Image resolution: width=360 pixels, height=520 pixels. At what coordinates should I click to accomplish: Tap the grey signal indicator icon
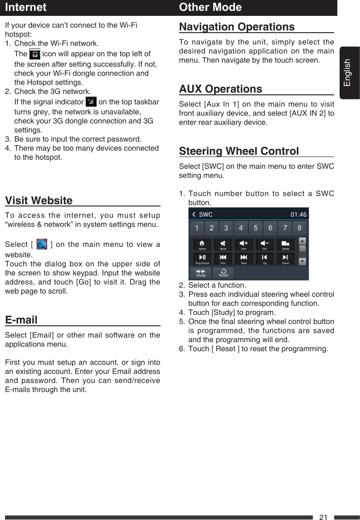click(91, 101)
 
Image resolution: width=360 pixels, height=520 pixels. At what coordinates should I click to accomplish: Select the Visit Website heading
click(39, 201)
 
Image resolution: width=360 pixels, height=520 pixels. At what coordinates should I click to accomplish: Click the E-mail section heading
click(21, 320)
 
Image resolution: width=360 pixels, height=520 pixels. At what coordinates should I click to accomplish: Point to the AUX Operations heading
click(220, 88)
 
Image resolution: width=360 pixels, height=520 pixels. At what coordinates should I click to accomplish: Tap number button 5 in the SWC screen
click(256, 228)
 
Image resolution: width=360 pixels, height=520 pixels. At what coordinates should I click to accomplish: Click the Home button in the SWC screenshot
click(202, 245)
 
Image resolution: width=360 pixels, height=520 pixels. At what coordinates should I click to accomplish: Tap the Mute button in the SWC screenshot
click(223, 245)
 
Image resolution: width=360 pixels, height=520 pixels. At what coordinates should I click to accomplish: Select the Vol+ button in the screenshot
click(244, 245)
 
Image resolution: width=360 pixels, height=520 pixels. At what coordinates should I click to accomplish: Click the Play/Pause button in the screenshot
click(202, 259)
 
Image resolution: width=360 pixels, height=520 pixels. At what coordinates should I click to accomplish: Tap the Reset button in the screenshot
click(224, 273)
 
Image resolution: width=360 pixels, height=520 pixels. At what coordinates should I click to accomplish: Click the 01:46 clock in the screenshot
click(298, 214)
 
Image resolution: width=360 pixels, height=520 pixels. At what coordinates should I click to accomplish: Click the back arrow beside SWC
click(194, 214)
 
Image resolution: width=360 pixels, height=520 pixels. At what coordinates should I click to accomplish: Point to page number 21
click(323, 517)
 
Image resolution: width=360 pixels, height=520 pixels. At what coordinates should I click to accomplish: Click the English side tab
click(348, 73)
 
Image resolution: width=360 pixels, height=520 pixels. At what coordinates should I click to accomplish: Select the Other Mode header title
click(210, 7)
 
